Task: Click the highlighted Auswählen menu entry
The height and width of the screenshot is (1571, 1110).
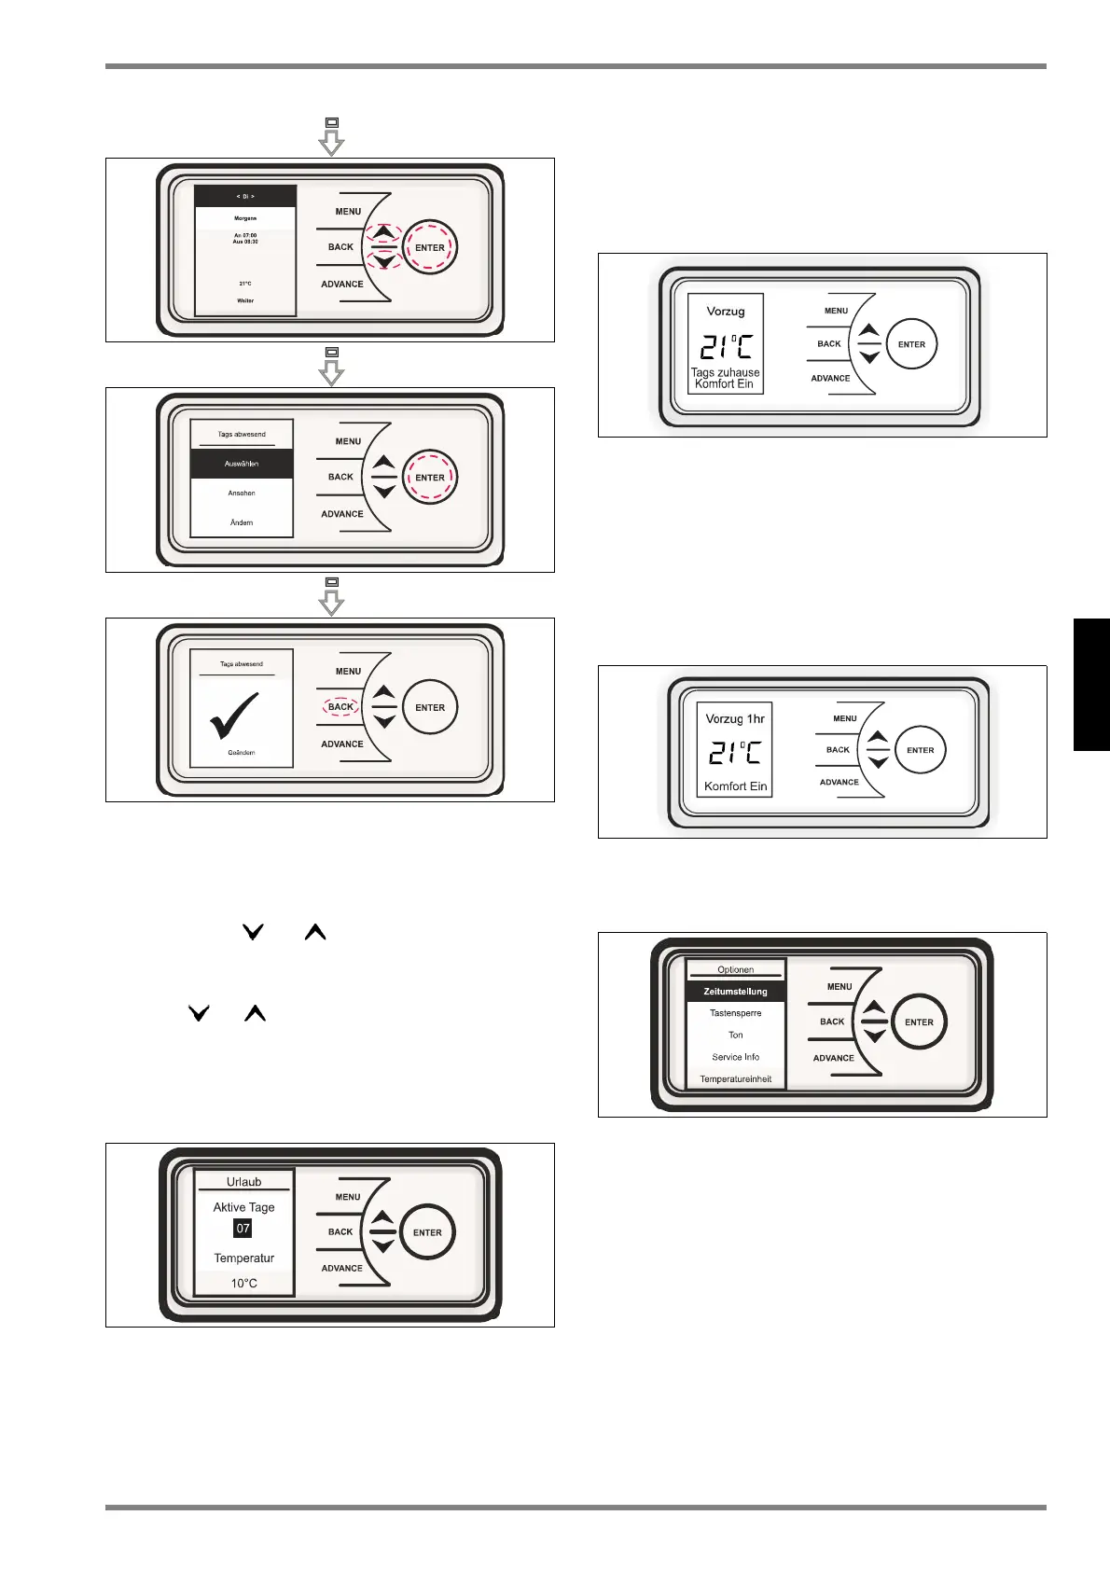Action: (x=242, y=464)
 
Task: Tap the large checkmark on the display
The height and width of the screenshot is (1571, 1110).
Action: (x=234, y=715)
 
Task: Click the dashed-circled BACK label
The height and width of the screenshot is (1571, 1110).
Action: (x=340, y=707)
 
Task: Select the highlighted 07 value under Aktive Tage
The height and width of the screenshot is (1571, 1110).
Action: (x=243, y=1229)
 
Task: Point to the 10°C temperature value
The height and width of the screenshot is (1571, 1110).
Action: (x=244, y=1284)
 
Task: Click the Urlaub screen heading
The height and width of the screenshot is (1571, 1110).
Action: (x=244, y=1182)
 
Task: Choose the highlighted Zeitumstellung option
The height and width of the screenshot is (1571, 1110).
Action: (x=736, y=992)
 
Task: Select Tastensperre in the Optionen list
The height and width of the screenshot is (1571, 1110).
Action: (x=736, y=1013)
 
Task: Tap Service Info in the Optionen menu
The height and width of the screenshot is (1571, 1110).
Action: (x=736, y=1057)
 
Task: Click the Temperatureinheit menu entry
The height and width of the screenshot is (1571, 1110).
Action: (x=736, y=1079)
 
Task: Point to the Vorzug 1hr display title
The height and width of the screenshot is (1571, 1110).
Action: (x=735, y=719)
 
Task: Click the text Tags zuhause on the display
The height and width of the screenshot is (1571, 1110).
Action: (x=726, y=372)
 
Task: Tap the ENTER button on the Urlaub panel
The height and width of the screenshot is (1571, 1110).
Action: (x=427, y=1232)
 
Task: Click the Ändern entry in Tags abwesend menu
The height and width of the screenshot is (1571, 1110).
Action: (x=242, y=522)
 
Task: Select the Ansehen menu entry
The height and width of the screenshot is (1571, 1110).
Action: (x=242, y=493)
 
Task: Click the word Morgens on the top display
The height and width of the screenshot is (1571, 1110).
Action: (x=245, y=218)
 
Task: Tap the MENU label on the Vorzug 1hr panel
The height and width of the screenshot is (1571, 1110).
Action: (x=845, y=718)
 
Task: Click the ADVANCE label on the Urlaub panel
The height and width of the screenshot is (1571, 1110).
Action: (x=342, y=1269)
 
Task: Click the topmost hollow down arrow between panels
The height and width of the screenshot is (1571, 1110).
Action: (x=331, y=142)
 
